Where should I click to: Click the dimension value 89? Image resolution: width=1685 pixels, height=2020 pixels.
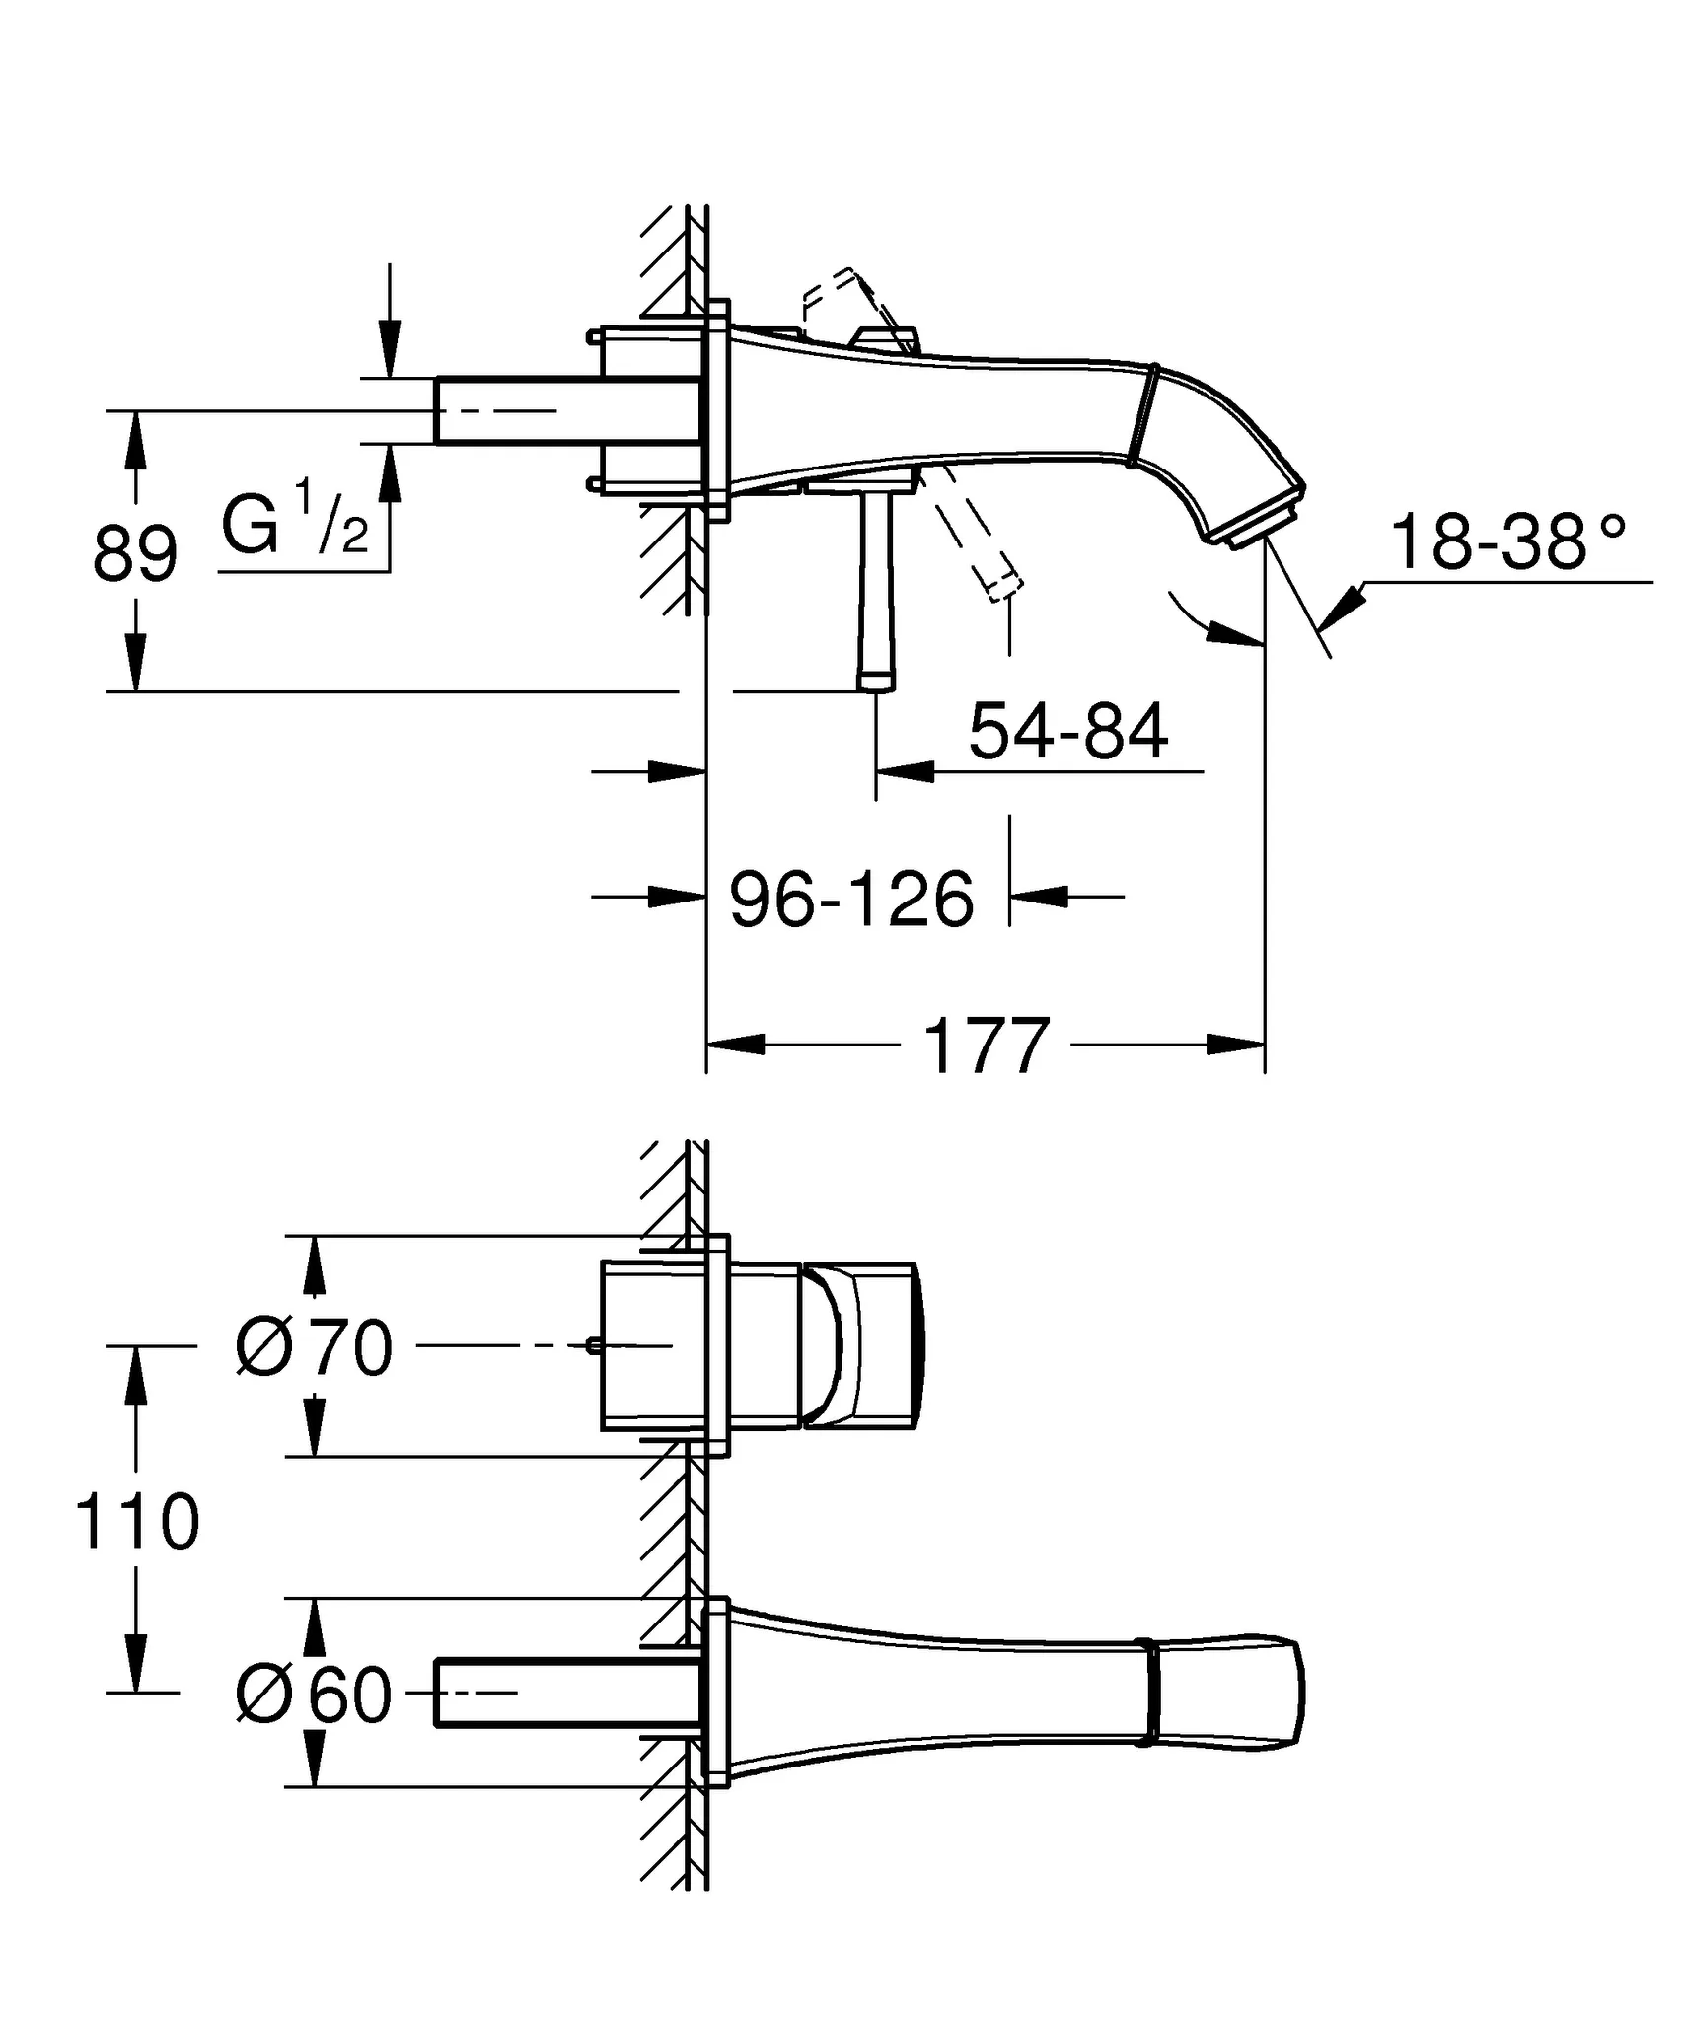[135, 555]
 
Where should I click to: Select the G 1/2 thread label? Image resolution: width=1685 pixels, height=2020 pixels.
[294, 526]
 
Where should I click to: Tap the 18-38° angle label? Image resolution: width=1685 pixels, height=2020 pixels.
[1507, 542]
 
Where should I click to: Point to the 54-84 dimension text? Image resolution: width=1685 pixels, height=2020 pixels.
[1068, 733]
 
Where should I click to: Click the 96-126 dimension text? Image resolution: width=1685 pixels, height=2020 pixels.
[851, 900]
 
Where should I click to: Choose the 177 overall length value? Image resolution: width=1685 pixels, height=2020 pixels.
[986, 1046]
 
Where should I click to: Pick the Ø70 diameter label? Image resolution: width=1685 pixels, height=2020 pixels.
[315, 1347]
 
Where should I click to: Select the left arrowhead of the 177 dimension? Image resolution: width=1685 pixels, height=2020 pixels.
[736, 1044]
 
